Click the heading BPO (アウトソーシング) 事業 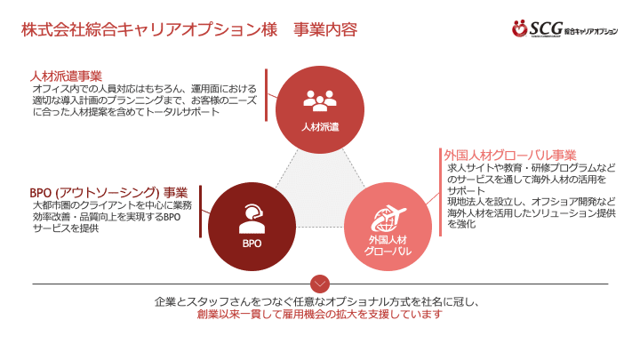pos(108,191)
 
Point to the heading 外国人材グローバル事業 pos(510,154)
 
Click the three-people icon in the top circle pos(320,99)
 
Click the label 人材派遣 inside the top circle pos(320,127)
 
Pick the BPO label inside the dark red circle pos(252,243)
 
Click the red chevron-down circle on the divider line pos(320,284)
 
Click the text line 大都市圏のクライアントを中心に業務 pos(111,205)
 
